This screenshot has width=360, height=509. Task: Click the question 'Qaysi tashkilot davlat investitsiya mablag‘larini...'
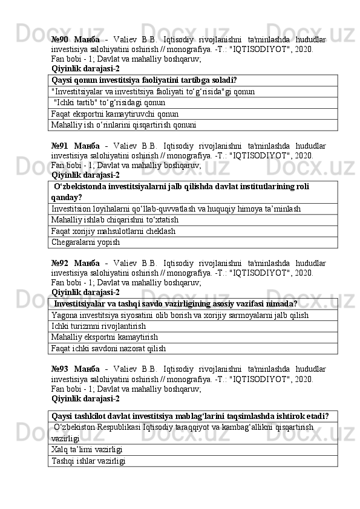[191, 417]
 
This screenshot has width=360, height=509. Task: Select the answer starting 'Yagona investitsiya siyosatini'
[180, 314]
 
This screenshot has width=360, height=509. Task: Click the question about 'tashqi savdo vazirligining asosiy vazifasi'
[175, 303]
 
